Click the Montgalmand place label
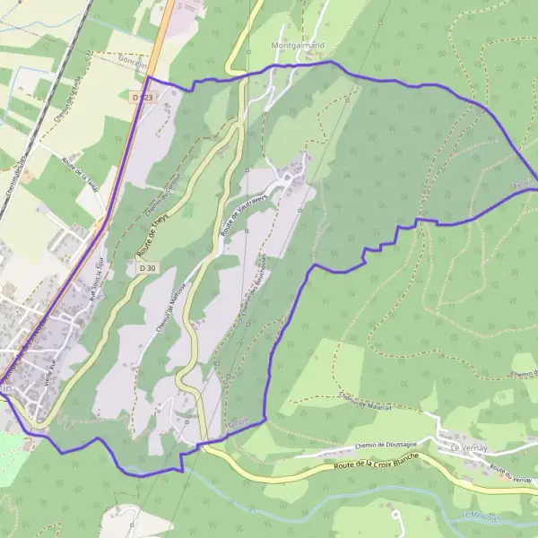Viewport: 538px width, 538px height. (x=297, y=42)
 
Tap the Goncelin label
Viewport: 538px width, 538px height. (x=133, y=55)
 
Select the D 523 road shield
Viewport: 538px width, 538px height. (x=142, y=96)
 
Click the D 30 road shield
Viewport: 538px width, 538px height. (x=148, y=267)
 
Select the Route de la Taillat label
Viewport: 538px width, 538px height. (x=81, y=171)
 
